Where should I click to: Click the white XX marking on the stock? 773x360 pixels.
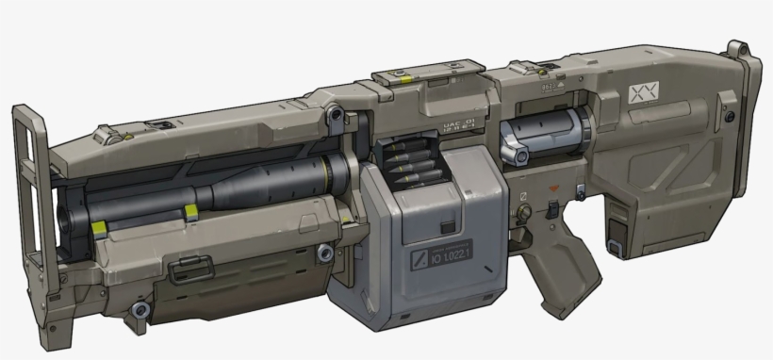pyautogui.click(x=642, y=93)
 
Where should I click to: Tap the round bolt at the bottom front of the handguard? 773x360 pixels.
pyautogui.click(x=140, y=310)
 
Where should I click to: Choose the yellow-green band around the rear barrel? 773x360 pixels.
pyautogui.click(x=325, y=172)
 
